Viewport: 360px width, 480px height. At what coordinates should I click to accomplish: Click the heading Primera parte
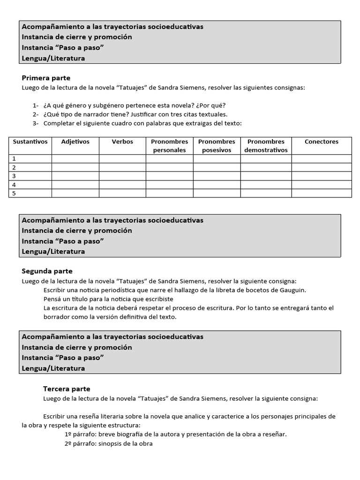coord(46,78)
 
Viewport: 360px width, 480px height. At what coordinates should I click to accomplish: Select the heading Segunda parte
coord(47,271)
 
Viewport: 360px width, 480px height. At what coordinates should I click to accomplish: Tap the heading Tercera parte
coord(67,389)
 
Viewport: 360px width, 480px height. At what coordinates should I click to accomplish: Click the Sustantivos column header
coord(30,142)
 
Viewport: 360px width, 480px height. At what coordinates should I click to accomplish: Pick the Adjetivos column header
coord(75,142)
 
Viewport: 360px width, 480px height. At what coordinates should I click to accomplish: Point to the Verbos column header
coord(122,142)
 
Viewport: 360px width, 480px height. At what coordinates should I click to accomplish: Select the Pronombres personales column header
coord(169,146)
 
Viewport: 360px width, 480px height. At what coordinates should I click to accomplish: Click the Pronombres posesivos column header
coord(217,146)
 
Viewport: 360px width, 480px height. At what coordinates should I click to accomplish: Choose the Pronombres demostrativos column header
coord(266,146)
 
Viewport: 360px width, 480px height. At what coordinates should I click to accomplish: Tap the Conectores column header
coord(321,142)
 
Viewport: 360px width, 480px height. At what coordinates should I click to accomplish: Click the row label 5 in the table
coord(14,193)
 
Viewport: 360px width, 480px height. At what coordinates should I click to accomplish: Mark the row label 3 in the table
coord(14,176)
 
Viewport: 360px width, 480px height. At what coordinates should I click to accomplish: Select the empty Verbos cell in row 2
coord(122,167)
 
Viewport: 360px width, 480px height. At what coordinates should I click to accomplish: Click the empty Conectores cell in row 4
coord(321,185)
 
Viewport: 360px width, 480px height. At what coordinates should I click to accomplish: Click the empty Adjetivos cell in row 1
coord(75,159)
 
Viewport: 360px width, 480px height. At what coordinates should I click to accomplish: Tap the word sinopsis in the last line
coord(112,443)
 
